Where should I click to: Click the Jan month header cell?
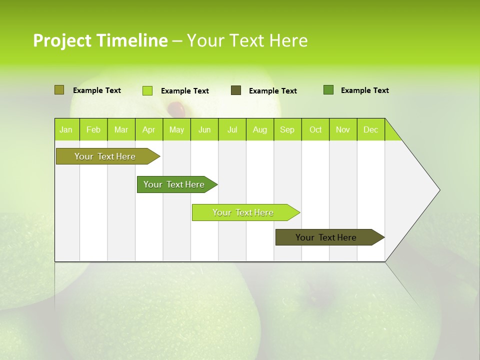[x=66, y=129]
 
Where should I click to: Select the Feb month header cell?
[x=93, y=129]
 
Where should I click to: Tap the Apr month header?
[x=149, y=129]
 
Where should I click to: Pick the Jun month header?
[x=204, y=129]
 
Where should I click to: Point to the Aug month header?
[x=260, y=129]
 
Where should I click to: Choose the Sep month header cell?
[x=287, y=129]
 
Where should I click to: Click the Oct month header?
[x=315, y=129]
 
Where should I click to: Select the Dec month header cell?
[x=371, y=129]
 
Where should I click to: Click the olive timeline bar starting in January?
[x=105, y=156]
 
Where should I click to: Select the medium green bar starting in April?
[x=174, y=184]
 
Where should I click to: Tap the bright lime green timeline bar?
[x=243, y=212]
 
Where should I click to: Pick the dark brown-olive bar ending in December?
[x=326, y=237]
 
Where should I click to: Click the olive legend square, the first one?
[x=59, y=90]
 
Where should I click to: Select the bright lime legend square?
[x=147, y=90]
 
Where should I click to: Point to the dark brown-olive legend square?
[x=236, y=90]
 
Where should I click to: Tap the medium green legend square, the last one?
[x=328, y=90]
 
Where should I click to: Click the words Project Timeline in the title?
[x=100, y=40]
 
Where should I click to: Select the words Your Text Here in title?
[x=247, y=40]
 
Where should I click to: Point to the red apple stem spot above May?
[x=176, y=107]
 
